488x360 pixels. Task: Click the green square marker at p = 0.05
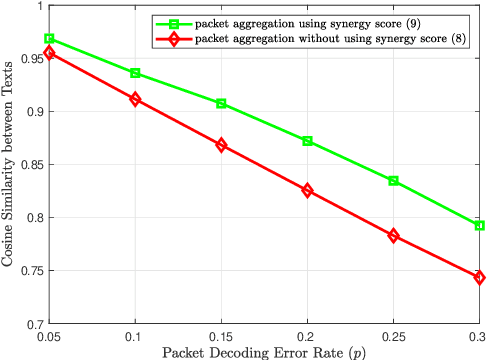tap(49, 39)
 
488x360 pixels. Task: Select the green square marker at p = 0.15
tap(221, 104)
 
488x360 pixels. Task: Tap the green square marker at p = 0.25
tap(394, 181)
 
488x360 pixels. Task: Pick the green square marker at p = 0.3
tap(480, 226)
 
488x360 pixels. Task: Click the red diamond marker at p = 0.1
tap(135, 99)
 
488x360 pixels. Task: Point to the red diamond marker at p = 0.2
tap(307, 190)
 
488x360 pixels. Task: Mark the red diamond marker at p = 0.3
tap(480, 278)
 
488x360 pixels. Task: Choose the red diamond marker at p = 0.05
tap(49, 52)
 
